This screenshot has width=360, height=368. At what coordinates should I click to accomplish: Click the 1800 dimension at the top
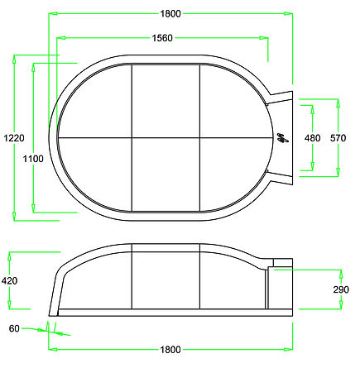(170, 13)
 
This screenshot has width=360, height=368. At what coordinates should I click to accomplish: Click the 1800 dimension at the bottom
(170, 350)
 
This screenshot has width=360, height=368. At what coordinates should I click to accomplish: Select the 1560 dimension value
(162, 38)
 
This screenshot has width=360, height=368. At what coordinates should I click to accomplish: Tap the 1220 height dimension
(14, 137)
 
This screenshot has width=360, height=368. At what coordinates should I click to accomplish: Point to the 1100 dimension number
(33, 159)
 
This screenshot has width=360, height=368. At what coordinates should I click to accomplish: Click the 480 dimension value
(313, 138)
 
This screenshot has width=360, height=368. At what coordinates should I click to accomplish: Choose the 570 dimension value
(338, 138)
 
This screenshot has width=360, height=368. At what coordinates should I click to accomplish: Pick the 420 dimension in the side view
(9, 280)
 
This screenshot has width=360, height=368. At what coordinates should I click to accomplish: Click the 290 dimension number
(341, 289)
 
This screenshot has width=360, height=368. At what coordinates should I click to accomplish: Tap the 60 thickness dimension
(14, 328)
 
